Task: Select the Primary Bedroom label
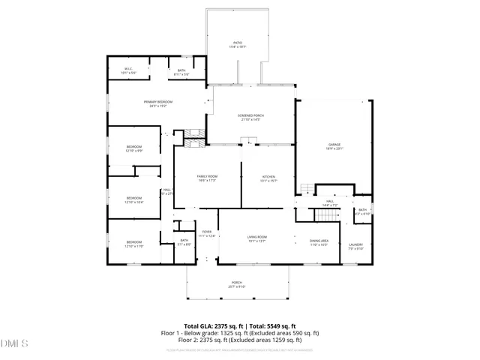(158, 103)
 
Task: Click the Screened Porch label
(250, 117)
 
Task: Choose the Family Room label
(206, 178)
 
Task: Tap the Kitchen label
(268, 178)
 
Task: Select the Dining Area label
(319, 242)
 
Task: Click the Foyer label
(206, 234)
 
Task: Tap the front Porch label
(237, 285)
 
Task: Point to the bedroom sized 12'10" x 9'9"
(133, 148)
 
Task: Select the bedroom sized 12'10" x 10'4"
(133, 199)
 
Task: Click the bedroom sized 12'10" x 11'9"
(133, 244)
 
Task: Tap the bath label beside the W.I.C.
(181, 72)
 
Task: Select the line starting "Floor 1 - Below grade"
(240, 332)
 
